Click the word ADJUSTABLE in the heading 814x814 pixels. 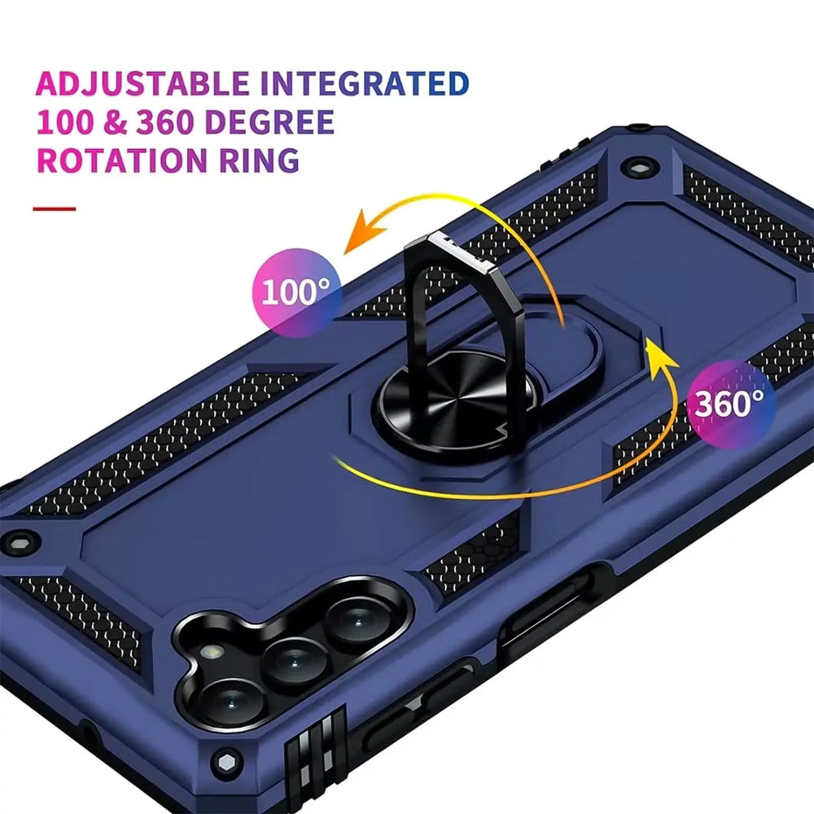tap(143, 84)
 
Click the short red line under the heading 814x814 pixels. tap(54, 209)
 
